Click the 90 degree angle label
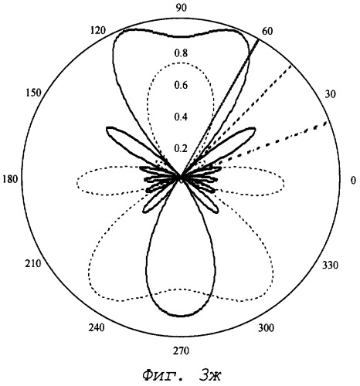[182, 8]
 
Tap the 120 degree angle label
[98, 30]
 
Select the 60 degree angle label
[267, 31]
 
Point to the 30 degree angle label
[330, 94]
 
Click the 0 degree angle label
[353, 180]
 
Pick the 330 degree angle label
[330, 265]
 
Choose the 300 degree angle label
[267, 328]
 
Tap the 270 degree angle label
[181, 350]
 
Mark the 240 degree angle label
[97, 328]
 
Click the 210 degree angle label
[32, 263]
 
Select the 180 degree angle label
[10, 179]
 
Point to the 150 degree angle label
[33, 93]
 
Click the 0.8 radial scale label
[181, 53]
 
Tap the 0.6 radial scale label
[181, 85]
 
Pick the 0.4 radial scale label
[181, 117]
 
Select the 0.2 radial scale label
[181, 148]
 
